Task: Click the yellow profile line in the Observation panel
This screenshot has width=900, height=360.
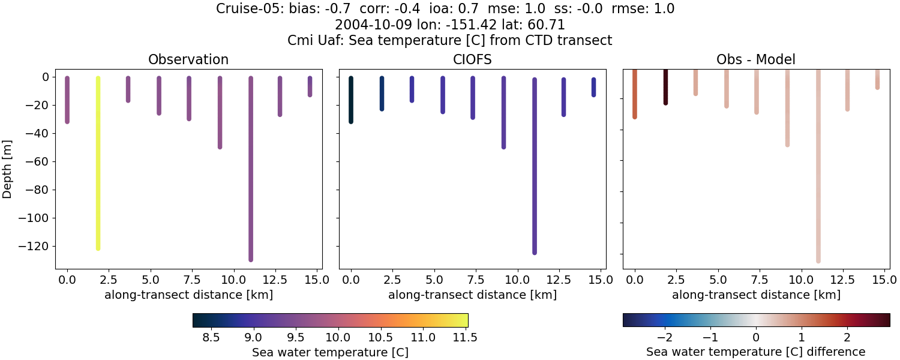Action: (98, 162)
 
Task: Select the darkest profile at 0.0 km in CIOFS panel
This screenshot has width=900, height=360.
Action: (351, 100)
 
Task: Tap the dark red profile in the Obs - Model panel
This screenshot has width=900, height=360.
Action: (665, 87)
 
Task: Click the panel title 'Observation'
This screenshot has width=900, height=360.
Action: (188, 60)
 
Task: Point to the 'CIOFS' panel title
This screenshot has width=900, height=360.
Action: (472, 60)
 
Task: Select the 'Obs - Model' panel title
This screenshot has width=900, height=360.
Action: (756, 60)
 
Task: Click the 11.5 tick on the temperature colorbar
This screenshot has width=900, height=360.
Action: (466, 337)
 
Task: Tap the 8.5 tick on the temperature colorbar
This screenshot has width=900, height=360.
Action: (211, 337)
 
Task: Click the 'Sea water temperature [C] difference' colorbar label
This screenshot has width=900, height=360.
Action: (755, 352)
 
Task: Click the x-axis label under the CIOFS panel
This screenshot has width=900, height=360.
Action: (472, 295)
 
